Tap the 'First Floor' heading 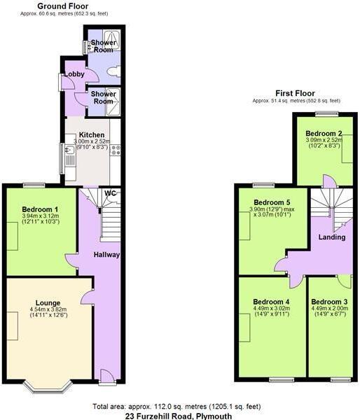point(294,93)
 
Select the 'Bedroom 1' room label point(40,210)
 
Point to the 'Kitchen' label point(92,135)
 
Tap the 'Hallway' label point(106,255)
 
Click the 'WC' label point(110,193)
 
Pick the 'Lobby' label point(74,75)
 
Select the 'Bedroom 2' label point(324,133)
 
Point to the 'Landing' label point(331,237)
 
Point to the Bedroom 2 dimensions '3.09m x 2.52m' point(324,140)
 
